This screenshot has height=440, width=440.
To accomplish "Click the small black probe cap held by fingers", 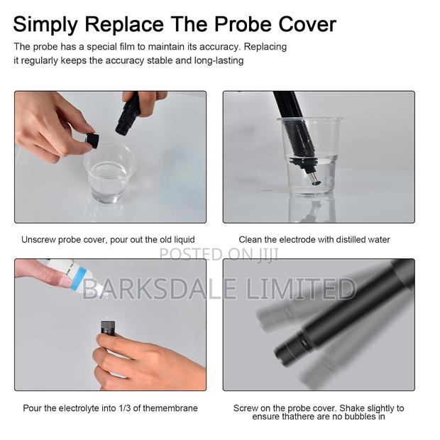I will (91, 140).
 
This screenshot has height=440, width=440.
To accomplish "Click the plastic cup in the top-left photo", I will (109, 172).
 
